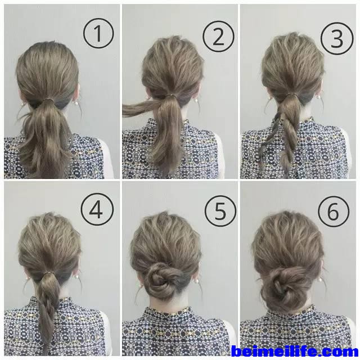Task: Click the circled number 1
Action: [x=98, y=33]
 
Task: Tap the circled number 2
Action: [x=218, y=36]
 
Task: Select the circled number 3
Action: [x=337, y=38]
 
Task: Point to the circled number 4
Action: [x=97, y=209]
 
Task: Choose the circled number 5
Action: [x=220, y=211]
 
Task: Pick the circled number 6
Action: [x=334, y=211]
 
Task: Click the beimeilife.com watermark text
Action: [x=295, y=352]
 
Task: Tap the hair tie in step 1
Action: [x=48, y=100]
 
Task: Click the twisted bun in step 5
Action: [x=160, y=281]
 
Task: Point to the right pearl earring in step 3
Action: [x=318, y=97]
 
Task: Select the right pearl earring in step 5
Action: [x=196, y=281]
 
